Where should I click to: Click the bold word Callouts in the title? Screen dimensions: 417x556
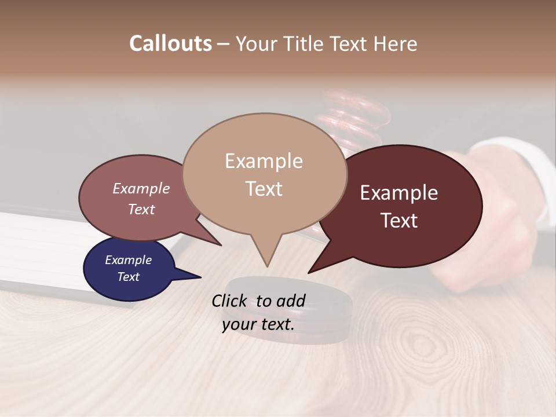pyautogui.click(x=170, y=43)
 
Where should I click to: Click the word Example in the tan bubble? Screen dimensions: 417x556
pyautogui.click(x=264, y=161)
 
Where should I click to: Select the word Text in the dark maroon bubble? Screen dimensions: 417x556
pyautogui.click(x=400, y=221)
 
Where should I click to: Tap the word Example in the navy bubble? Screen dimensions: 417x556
pyautogui.click(x=129, y=260)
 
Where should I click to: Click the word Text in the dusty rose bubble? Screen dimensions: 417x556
pyautogui.click(x=141, y=209)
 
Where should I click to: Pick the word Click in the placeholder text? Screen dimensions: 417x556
pyautogui.click(x=231, y=301)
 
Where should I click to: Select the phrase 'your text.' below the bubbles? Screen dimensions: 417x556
pyautogui.click(x=258, y=324)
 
